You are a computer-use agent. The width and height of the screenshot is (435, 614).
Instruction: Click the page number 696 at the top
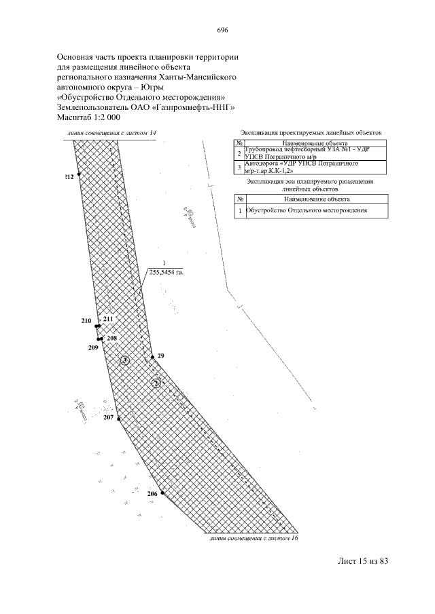click(222, 31)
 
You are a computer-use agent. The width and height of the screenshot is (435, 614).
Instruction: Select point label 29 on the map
click(160, 356)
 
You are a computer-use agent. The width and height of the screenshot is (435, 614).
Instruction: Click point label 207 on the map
click(109, 418)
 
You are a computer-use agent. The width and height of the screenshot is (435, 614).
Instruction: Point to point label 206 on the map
click(152, 494)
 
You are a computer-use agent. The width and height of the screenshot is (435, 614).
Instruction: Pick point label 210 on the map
click(86, 320)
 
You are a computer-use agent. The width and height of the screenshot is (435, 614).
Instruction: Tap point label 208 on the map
click(112, 338)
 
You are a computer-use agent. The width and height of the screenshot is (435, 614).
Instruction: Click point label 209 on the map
click(94, 347)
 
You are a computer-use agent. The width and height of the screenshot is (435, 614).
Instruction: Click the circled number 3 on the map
click(125, 361)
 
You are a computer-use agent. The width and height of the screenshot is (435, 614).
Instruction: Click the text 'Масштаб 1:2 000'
click(88, 117)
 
